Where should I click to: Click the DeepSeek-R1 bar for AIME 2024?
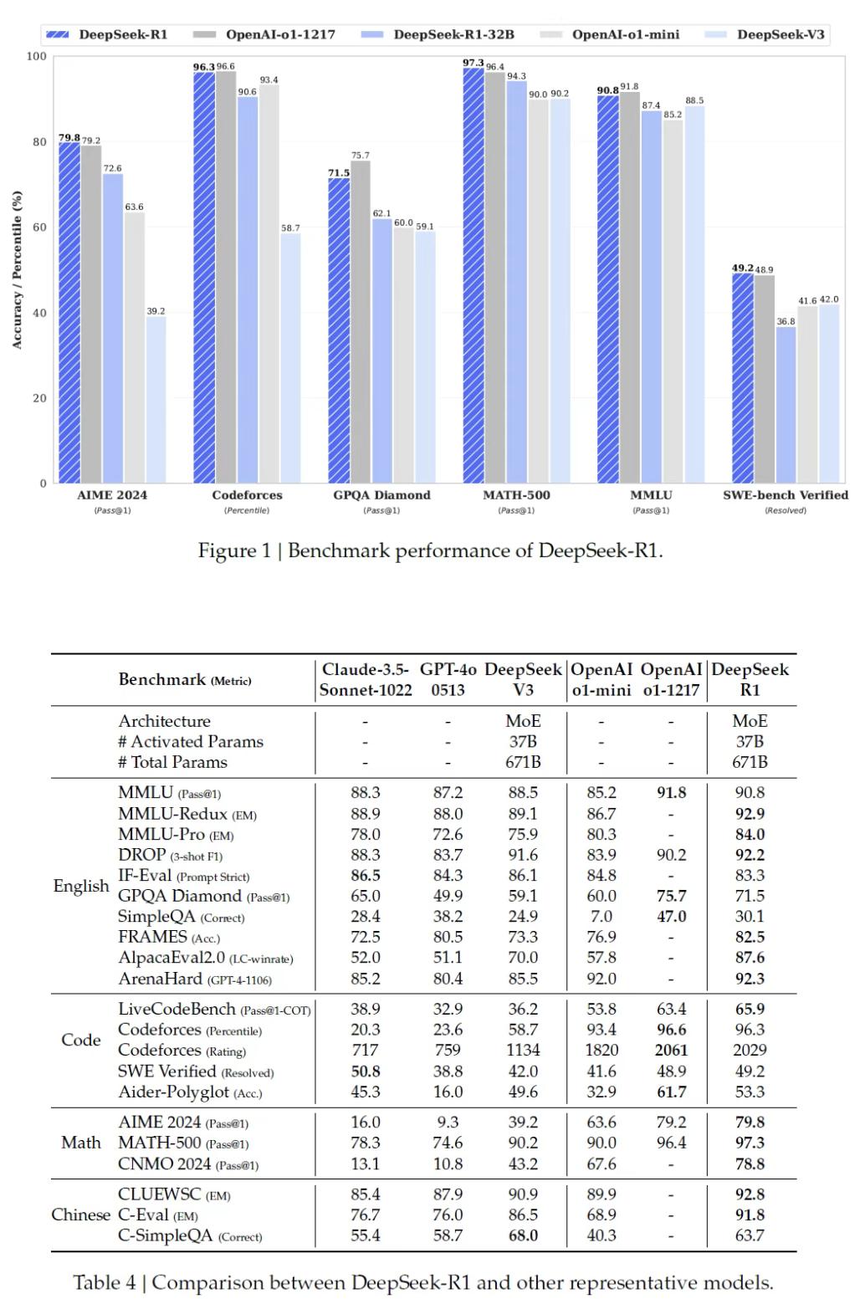coord(69,313)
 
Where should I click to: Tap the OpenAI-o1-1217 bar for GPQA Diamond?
coord(361,322)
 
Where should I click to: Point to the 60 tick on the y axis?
coord(39,228)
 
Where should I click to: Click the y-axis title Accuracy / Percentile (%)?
coord(17,269)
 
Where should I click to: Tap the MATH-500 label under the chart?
coord(516,495)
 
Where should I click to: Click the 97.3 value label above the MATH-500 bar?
coord(473,64)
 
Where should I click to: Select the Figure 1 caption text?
coord(430,550)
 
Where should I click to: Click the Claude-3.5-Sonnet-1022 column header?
coord(366,679)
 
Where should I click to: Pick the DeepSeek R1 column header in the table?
coord(750,679)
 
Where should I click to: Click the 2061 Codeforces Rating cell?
coord(671,1050)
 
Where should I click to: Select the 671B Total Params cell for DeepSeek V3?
coord(523,762)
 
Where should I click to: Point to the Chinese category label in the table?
coord(80,1215)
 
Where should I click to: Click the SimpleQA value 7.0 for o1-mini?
coord(601,917)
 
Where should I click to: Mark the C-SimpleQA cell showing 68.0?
coord(523,1235)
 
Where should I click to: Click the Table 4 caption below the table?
coord(423,1282)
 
